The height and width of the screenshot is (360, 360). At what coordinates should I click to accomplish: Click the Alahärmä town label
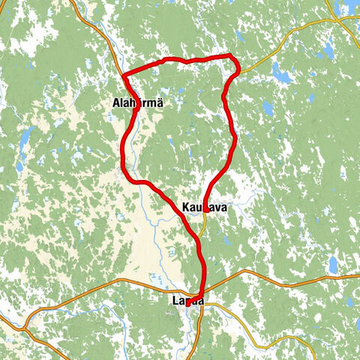pos(136,103)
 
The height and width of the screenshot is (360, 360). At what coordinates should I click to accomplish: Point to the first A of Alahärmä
pos(113,103)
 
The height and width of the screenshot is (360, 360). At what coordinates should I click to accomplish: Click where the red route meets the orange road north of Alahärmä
pos(122,75)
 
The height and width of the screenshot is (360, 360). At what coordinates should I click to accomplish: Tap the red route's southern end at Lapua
pos(187,305)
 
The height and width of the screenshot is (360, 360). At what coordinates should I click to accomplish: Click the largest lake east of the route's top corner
pos(283,75)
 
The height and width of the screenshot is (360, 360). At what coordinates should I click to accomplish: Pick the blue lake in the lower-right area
pos(333,265)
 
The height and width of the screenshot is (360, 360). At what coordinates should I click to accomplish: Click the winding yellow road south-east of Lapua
pos(247,330)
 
